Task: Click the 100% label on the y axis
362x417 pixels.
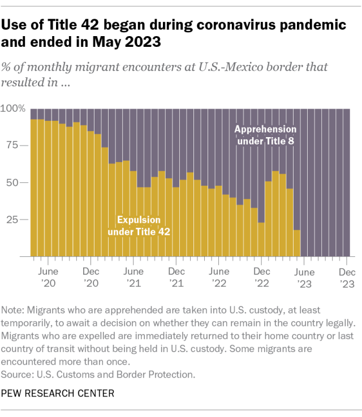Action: click(x=13, y=108)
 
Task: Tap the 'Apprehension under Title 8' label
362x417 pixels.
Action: click(x=265, y=135)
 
